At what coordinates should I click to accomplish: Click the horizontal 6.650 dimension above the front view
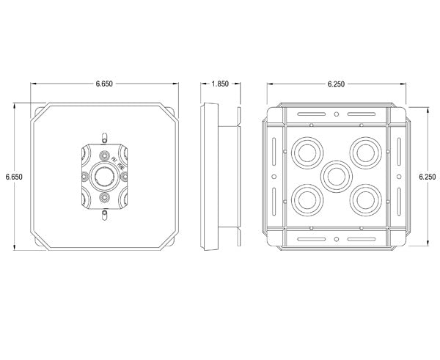103,84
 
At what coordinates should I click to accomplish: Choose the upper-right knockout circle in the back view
363,152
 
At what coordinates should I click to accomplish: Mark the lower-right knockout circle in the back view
363,199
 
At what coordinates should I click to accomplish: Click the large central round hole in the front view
104,177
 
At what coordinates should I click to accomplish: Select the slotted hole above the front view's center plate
104,138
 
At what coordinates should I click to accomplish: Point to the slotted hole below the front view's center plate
104,215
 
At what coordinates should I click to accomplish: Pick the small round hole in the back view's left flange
274,177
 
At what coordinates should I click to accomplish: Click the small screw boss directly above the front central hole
104,155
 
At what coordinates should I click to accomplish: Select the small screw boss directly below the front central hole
104,197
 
